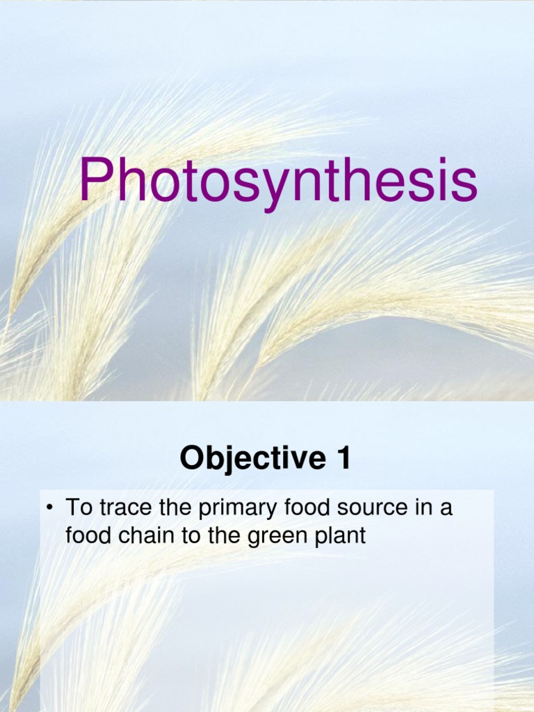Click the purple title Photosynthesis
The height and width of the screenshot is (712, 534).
coord(277,183)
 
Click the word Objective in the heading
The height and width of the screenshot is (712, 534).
coord(243,459)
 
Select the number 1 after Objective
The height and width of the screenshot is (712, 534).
coord(343,459)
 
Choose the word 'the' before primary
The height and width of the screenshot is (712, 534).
coord(173,508)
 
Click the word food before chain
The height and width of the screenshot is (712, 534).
coord(86,537)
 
